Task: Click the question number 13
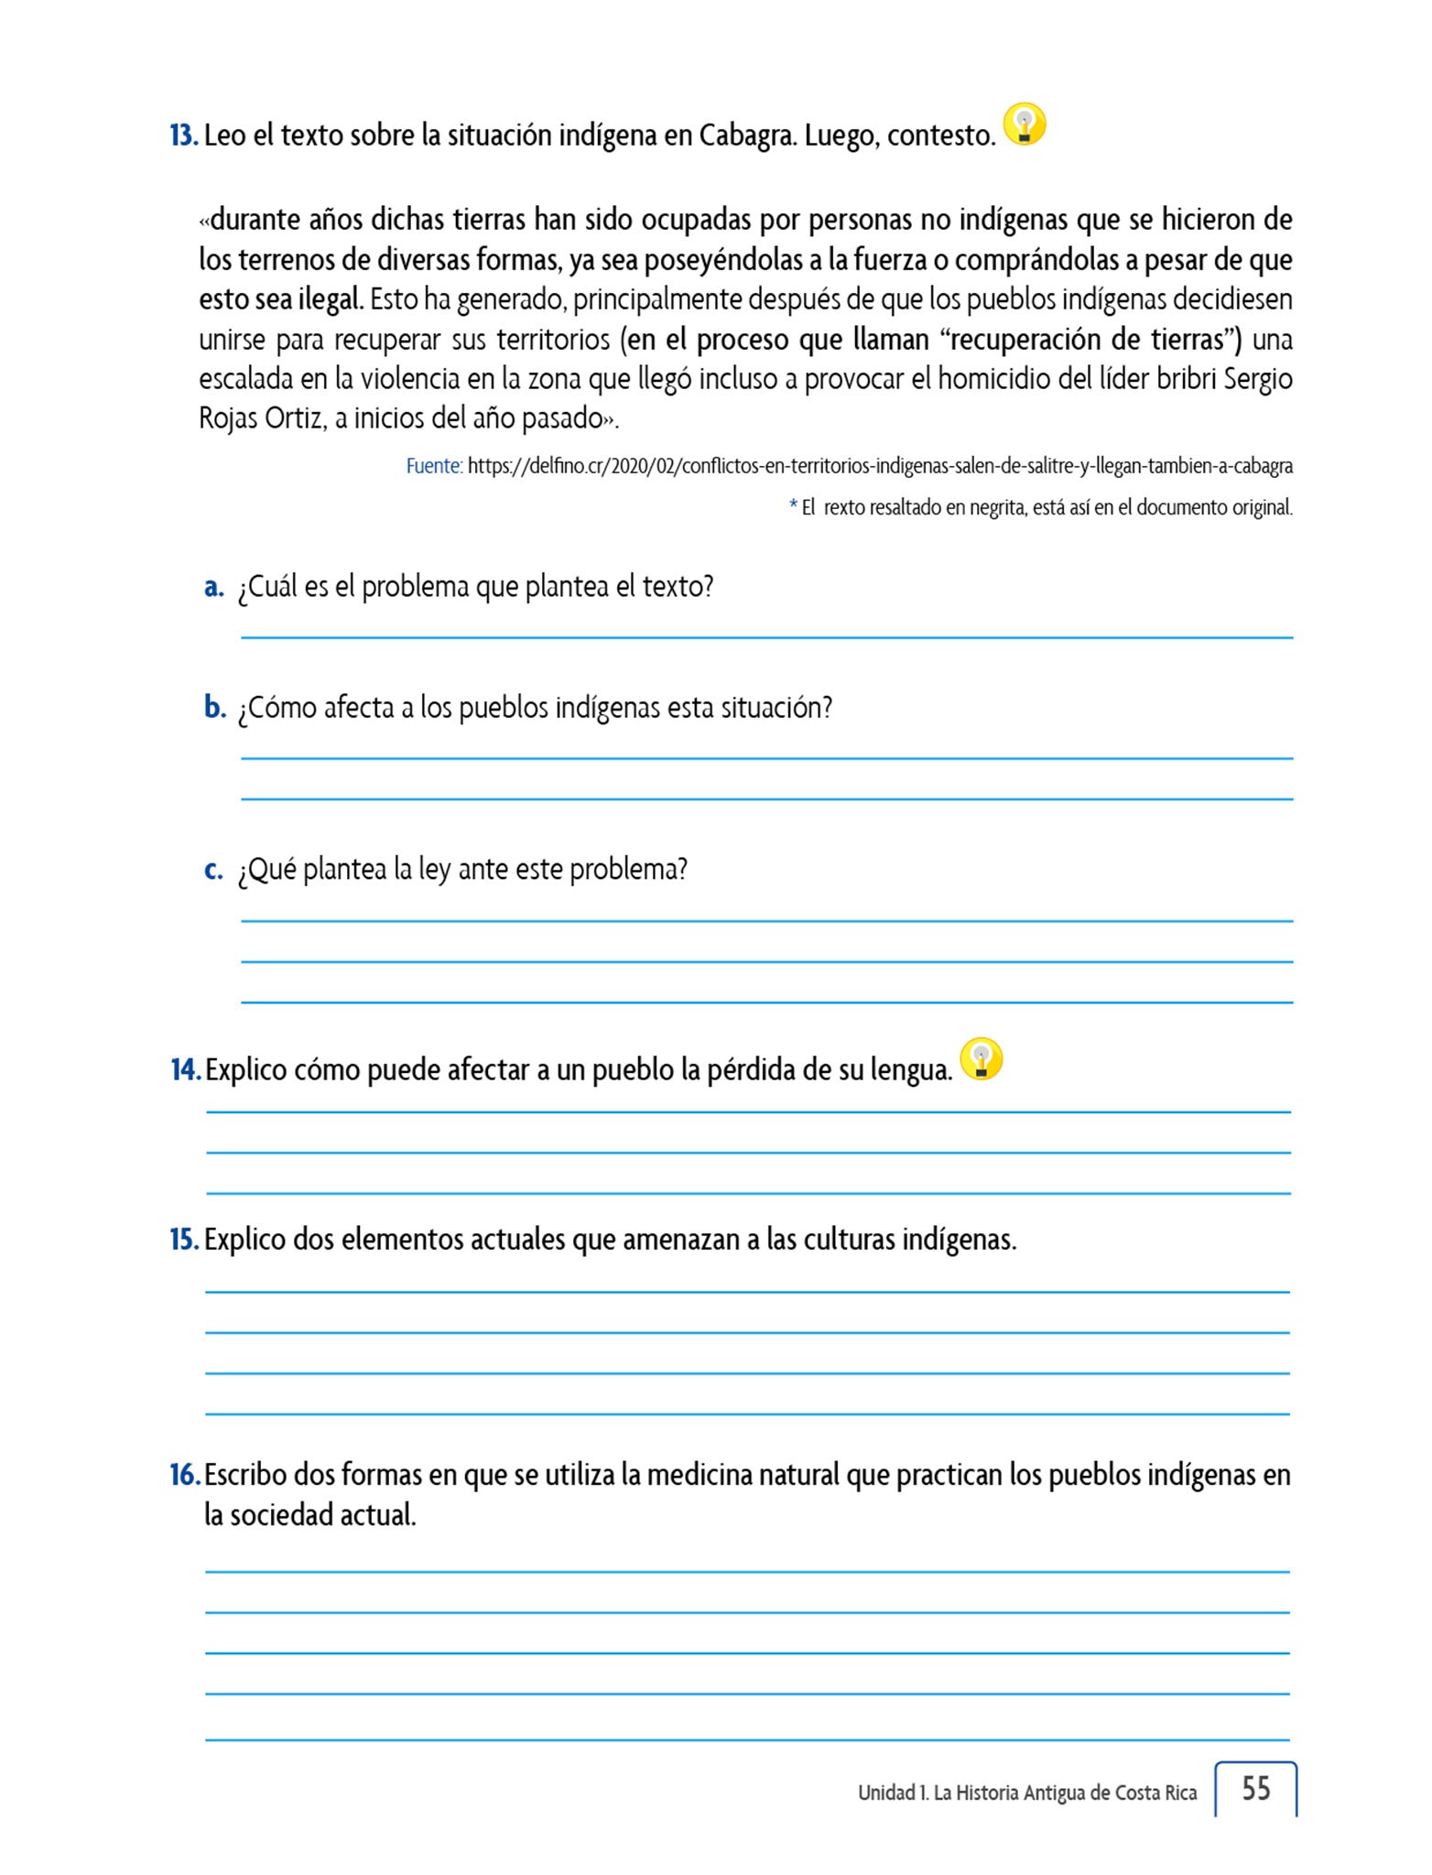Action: coord(183,136)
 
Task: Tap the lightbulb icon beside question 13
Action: coord(1025,125)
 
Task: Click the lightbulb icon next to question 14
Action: coord(982,1059)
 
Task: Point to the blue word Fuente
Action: coord(433,466)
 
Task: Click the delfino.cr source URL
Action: coord(880,466)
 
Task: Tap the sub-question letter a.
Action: coord(214,587)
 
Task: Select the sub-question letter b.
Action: coord(215,708)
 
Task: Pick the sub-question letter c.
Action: coord(213,870)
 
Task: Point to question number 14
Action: coord(185,1070)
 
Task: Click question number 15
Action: coord(184,1240)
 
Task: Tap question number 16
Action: coord(184,1475)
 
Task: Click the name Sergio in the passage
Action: coord(1258,379)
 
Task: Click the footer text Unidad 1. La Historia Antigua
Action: coord(1026,1793)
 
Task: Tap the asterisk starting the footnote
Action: coord(793,505)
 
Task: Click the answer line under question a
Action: coord(766,636)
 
